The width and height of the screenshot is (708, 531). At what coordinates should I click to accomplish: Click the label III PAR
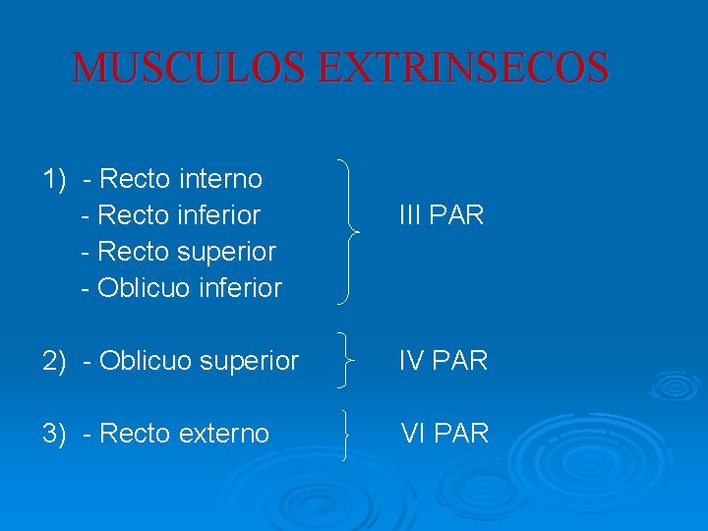(x=442, y=215)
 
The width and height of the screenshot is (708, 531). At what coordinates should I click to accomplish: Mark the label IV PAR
(x=442, y=361)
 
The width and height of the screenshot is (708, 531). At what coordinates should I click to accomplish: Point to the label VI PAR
(x=443, y=434)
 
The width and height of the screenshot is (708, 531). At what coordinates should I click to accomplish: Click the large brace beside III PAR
(x=349, y=231)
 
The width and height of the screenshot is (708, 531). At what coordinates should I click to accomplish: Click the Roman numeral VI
(x=413, y=434)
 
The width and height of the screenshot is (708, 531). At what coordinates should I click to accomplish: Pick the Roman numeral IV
(x=412, y=361)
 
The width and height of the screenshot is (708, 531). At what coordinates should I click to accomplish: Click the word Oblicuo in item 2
(x=140, y=361)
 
